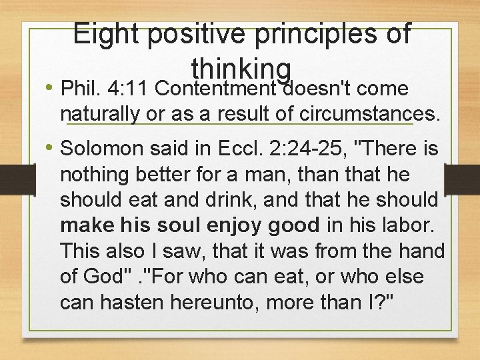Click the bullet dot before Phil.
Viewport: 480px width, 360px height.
click(x=51, y=89)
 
